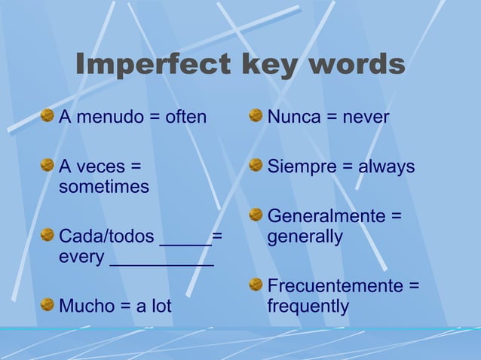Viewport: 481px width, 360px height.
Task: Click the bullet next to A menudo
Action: pyautogui.click(x=47, y=116)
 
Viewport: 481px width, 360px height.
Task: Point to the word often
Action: pyautogui.click(x=185, y=117)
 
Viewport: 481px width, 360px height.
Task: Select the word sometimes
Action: pyautogui.click(x=104, y=187)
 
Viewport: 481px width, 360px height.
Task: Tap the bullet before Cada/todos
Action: pyautogui.click(x=47, y=235)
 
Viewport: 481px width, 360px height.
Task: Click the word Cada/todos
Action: pyautogui.click(x=106, y=236)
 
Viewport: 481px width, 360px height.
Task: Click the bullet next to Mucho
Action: pyautogui.click(x=47, y=304)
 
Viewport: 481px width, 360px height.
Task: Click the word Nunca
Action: pyautogui.click(x=293, y=117)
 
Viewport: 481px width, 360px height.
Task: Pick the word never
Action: pyautogui.click(x=366, y=117)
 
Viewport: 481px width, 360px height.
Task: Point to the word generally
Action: pyautogui.click(x=305, y=237)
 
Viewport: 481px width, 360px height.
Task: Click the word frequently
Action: pyautogui.click(x=308, y=307)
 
